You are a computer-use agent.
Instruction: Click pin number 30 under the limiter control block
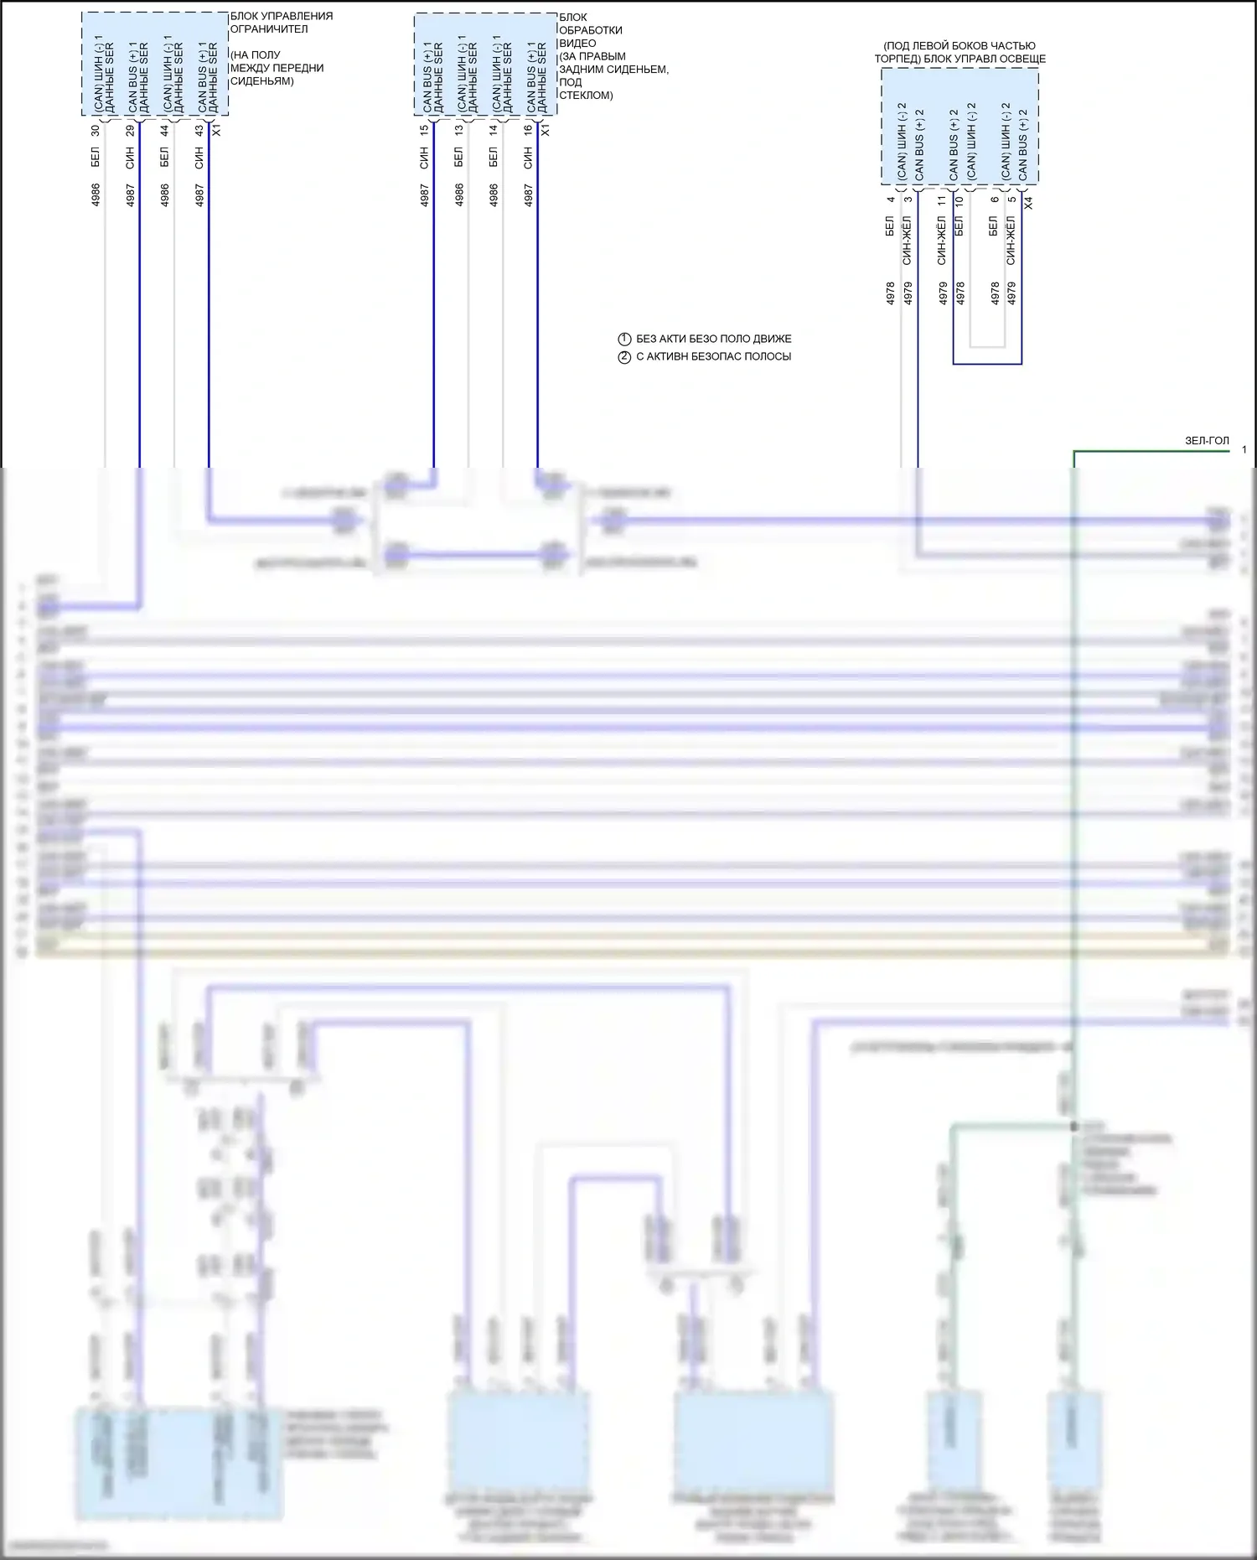coord(96,131)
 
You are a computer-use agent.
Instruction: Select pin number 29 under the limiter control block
coord(130,131)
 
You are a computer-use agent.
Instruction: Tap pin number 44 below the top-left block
coord(164,131)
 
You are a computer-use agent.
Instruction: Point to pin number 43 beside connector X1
coord(199,131)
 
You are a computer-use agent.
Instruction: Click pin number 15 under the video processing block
coord(424,131)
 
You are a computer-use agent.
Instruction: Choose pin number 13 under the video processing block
coord(458,131)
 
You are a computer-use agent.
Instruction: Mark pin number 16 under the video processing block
coord(528,131)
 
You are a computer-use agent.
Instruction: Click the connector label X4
coord(1028,203)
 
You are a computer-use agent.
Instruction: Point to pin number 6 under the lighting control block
coord(995,200)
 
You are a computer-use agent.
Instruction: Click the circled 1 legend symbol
coord(624,339)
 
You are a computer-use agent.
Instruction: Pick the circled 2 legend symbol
coord(624,357)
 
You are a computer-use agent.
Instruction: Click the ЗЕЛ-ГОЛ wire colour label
coord(1207,441)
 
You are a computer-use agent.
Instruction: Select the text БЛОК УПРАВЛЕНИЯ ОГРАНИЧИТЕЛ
coord(282,23)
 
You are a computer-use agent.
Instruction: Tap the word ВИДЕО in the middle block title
coord(577,43)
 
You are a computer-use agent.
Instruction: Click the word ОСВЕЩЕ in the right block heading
coord(1023,59)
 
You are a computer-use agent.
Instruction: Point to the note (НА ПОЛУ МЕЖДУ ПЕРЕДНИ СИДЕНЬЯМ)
coord(277,68)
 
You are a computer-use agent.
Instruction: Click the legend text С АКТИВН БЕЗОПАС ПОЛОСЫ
coord(713,356)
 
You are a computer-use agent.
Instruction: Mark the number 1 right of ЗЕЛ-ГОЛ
coord(1244,450)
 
